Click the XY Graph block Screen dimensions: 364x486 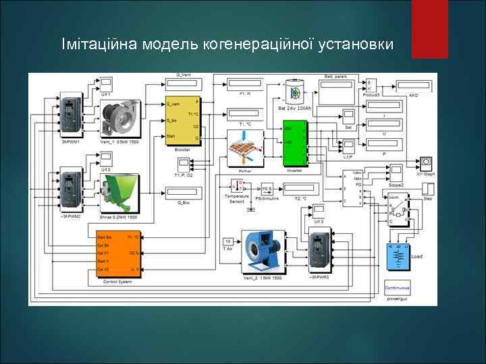[426, 164]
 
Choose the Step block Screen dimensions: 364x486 [428, 189]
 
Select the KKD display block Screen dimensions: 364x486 [414, 86]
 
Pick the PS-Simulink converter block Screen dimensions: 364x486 [267, 189]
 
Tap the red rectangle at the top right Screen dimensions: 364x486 [429, 28]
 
